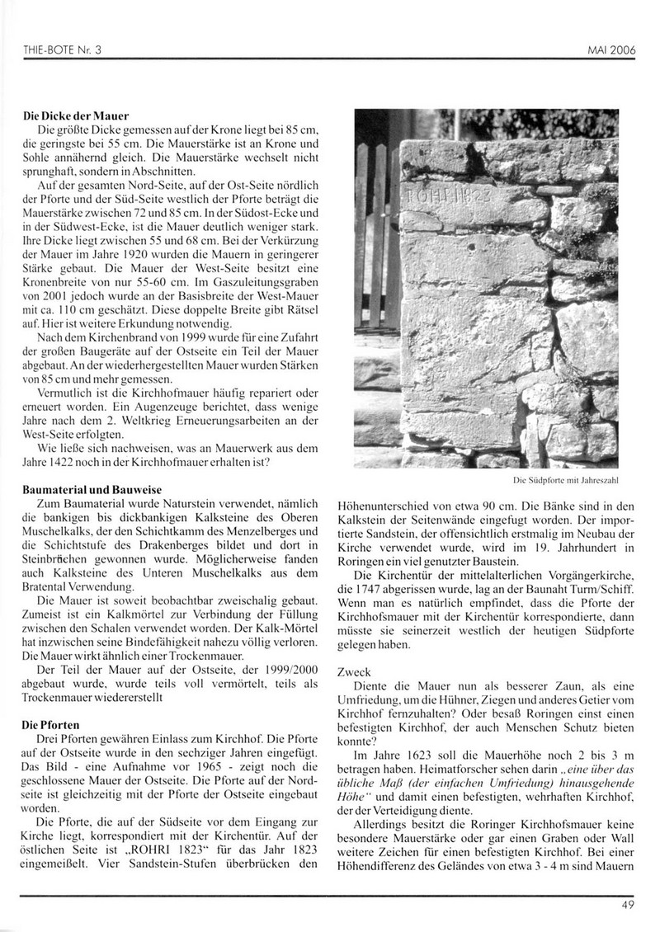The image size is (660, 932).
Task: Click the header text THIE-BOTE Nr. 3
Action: pos(63,50)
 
